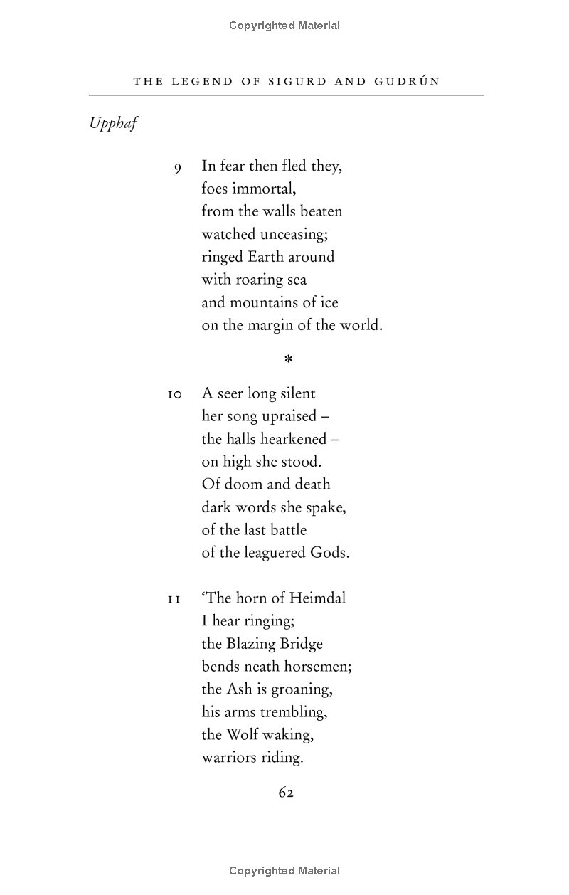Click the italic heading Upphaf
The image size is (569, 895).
[x=113, y=124]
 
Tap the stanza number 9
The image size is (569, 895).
[x=178, y=168]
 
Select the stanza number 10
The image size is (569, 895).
[x=175, y=394]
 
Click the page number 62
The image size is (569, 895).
[x=286, y=793]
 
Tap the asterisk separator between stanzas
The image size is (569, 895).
[x=288, y=360]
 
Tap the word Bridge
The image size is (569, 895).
[x=301, y=643]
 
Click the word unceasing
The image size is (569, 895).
[x=284, y=234]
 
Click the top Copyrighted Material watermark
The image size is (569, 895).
[x=284, y=26]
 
